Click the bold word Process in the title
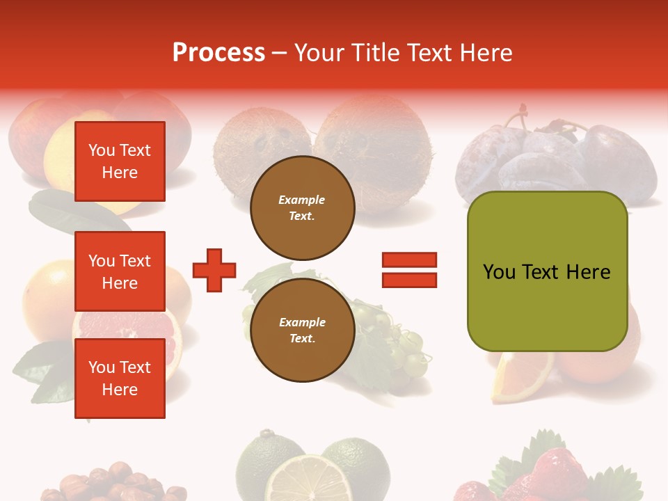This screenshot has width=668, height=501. pyautogui.click(x=218, y=53)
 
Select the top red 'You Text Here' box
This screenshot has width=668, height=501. pyautogui.click(x=120, y=161)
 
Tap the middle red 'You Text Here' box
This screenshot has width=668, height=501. pyautogui.click(x=120, y=271)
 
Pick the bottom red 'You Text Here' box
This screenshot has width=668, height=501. pyautogui.click(x=120, y=378)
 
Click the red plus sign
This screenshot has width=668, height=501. pyautogui.click(x=214, y=269)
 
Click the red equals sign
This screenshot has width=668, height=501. pyautogui.click(x=409, y=270)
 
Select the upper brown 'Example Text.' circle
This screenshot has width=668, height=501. pyautogui.click(x=302, y=207)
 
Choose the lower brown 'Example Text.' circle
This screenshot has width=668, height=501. pyautogui.click(x=302, y=330)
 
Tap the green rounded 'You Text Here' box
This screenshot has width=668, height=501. pyautogui.click(x=547, y=271)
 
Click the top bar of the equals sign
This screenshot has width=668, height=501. pyautogui.click(x=409, y=260)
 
